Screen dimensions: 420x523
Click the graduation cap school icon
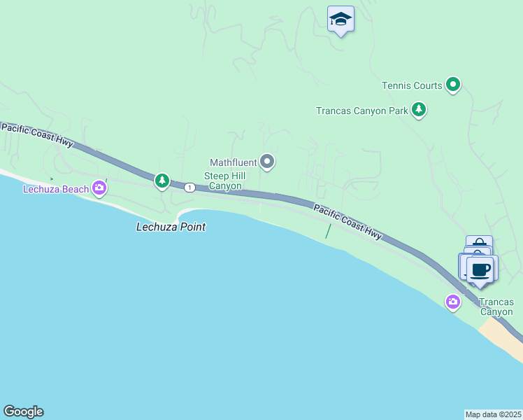pyautogui.click(x=341, y=19)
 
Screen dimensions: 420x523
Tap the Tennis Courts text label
pyautogui.click(x=412, y=86)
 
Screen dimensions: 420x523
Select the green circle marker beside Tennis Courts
pyautogui.click(x=453, y=85)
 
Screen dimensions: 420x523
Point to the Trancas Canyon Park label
pyautogui.click(x=361, y=111)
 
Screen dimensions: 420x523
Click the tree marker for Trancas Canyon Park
pyautogui.click(x=419, y=109)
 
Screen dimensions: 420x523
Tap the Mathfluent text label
pyautogui.click(x=234, y=162)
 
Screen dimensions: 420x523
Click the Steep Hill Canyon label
pyautogui.click(x=222, y=181)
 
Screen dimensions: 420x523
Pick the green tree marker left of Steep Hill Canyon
pyautogui.click(x=162, y=181)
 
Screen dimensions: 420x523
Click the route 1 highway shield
pyautogui.click(x=189, y=187)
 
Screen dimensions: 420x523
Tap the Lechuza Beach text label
pyautogui.click(x=56, y=189)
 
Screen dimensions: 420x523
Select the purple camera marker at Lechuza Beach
pyautogui.click(x=99, y=187)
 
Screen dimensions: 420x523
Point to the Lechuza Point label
pyautogui.click(x=171, y=227)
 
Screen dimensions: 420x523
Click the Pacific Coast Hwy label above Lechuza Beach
pyautogui.click(x=37, y=134)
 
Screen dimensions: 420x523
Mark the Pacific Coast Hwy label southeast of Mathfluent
pyautogui.click(x=348, y=222)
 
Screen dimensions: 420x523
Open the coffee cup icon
pyautogui.click(x=480, y=269)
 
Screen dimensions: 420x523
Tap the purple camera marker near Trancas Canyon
pyautogui.click(x=453, y=302)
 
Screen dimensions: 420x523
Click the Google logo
pyautogui.click(x=23, y=412)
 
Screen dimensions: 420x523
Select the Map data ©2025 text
pyautogui.click(x=493, y=414)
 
